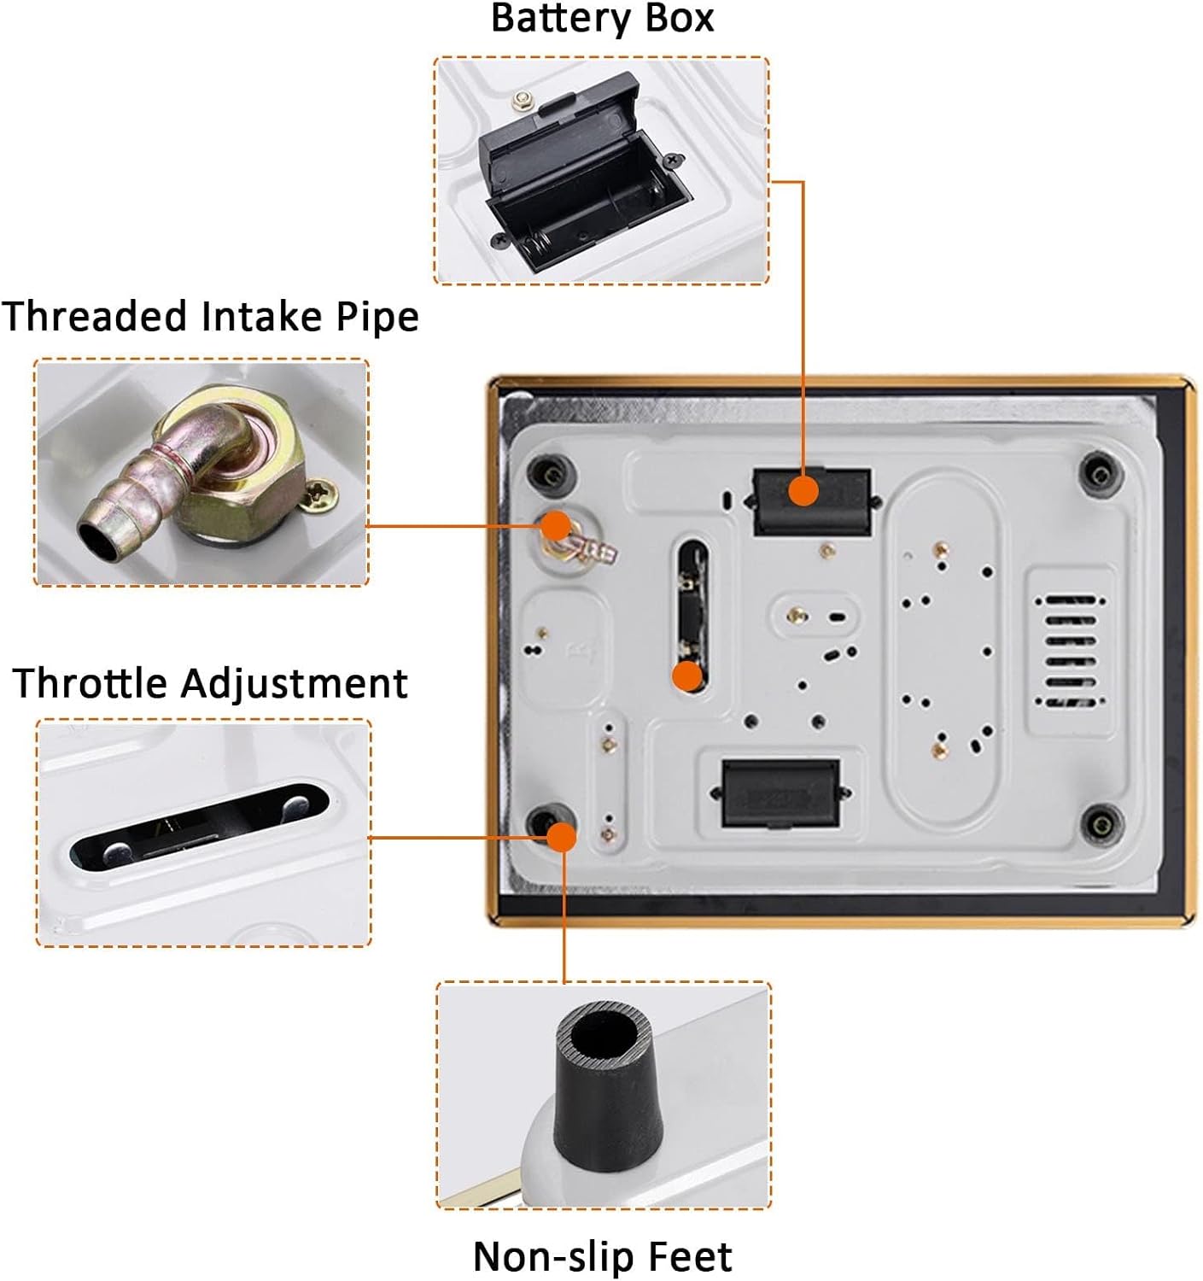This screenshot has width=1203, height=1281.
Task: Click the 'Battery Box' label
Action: point(602,18)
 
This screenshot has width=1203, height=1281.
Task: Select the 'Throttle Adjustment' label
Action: point(210,683)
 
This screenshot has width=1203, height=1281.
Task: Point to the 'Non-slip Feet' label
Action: point(602,1256)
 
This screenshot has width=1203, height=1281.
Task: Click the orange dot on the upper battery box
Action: point(803,492)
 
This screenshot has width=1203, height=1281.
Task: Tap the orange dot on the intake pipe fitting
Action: point(556,526)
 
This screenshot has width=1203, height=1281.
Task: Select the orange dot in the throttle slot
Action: point(687,676)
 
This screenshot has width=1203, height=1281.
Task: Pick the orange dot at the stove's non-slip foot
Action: point(562,837)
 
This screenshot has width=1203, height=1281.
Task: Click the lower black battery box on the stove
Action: point(780,793)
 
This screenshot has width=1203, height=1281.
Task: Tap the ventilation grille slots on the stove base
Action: point(1070,650)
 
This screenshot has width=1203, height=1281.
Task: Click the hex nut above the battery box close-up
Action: point(521,100)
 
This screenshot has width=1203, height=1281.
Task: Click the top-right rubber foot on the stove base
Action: point(1101,475)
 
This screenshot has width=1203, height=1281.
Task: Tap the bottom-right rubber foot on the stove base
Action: point(1102,824)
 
